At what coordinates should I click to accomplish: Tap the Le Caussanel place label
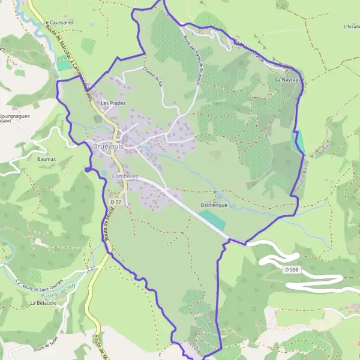pyautogui.click(x=58, y=23)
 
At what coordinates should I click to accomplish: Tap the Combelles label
pyautogui.click(x=125, y=176)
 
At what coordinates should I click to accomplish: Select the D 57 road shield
pyautogui.click(x=116, y=202)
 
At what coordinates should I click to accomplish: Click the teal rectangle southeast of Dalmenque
pyautogui.click(x=212, y=220)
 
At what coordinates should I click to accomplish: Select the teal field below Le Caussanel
pyautogui.click(x=63, y=62)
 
